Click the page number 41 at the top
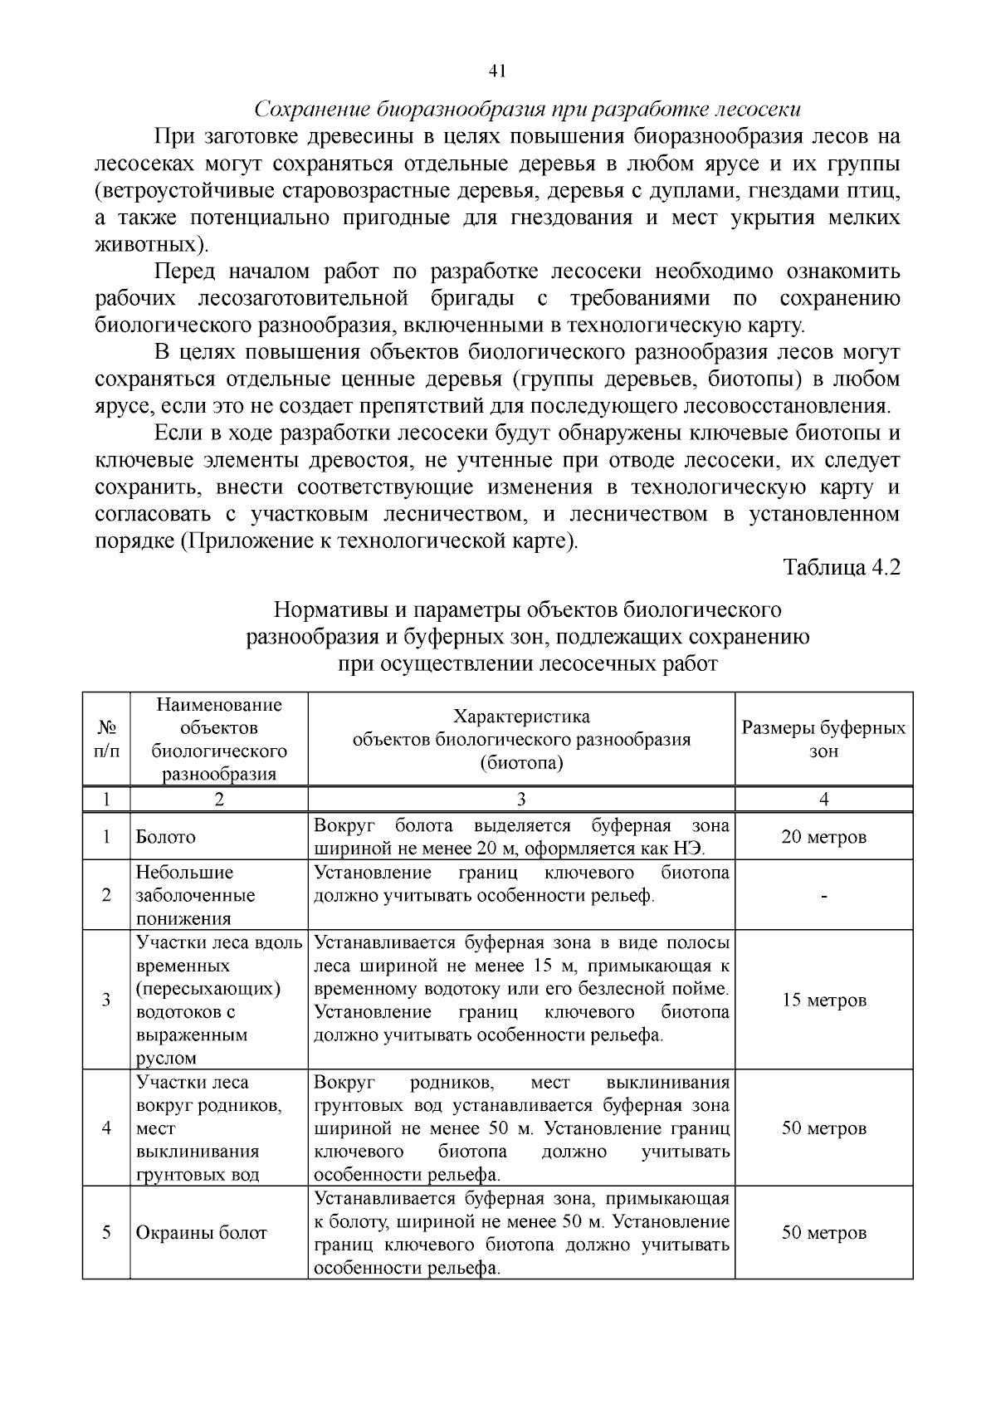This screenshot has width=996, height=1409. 498,71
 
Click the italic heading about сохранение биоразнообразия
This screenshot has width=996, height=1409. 527,110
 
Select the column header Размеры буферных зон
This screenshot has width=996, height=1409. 823,739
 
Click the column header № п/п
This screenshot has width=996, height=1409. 106,739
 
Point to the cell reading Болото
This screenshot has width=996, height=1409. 166,837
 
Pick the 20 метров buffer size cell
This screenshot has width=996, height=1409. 823,837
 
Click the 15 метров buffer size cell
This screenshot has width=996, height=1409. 823,1000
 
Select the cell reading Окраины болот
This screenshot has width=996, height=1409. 202,1233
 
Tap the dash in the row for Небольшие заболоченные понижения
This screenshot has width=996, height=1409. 823,896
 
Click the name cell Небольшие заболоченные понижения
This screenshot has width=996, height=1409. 196,895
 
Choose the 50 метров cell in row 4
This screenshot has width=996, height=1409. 823,1128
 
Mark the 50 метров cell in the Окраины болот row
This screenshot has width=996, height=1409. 823,1233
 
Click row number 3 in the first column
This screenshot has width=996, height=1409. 106,1000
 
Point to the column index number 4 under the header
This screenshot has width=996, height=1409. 823,800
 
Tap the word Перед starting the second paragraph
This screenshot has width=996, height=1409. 184,272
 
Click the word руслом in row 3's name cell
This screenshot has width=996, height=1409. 166,1059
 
